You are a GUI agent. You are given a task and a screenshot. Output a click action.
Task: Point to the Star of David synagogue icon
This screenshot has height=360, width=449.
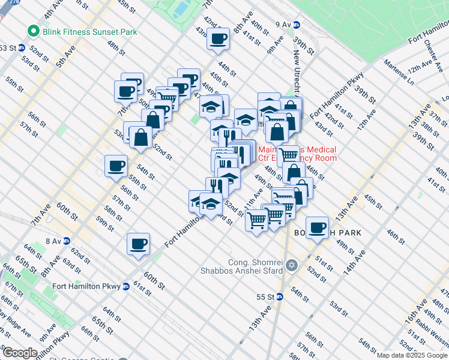(292, 265)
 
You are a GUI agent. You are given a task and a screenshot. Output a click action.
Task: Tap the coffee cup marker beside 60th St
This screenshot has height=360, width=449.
(138, 245)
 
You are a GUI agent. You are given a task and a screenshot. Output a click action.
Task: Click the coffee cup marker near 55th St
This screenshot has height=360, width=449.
(116, 166)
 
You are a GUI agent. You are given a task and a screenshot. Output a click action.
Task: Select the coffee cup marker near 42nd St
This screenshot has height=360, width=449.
(218, 40)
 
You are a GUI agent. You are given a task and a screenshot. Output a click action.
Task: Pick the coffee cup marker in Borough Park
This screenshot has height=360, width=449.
(316, 228)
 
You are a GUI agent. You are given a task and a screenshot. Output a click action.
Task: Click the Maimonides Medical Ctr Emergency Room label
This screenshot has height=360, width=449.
(297, 154)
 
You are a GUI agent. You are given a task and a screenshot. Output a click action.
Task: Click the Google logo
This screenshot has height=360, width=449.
(19, 353)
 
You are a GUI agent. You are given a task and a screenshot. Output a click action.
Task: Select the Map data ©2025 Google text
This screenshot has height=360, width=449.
(412, 355)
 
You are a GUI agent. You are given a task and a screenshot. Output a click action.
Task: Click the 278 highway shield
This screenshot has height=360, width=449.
(4, 2)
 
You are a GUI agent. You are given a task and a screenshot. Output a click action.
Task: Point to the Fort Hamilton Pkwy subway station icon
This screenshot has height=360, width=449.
(125, 286)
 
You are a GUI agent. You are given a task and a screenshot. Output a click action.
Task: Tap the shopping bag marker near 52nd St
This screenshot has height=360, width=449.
(140, 137)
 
